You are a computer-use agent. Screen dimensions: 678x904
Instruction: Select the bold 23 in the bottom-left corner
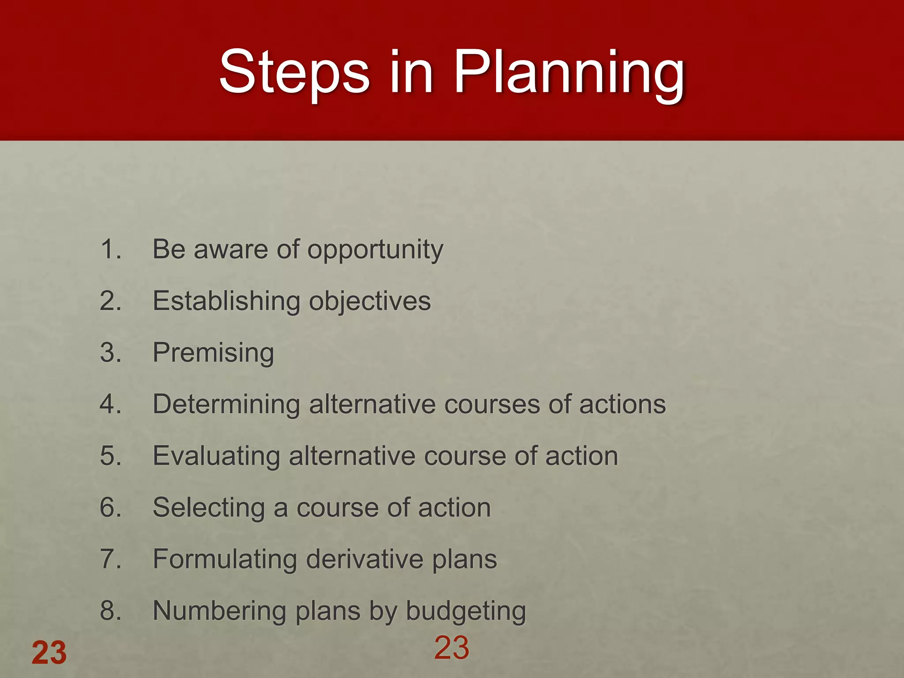49,652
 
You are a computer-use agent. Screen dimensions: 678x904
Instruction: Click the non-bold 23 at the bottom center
452,648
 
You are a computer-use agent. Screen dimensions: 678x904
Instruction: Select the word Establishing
226,301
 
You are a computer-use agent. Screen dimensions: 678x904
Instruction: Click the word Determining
226,405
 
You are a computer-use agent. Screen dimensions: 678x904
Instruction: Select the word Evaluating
216,456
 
